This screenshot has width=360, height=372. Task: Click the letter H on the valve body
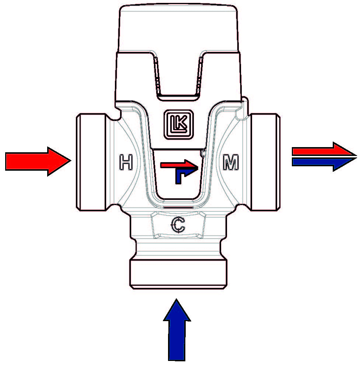126,162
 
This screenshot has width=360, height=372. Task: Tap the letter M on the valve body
231,162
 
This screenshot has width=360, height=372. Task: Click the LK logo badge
179,124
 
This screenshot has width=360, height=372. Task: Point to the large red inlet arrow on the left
38,161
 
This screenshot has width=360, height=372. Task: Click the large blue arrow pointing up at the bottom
176,330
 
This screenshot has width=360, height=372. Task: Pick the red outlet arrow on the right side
324,149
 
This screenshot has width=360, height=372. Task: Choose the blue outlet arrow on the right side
324,164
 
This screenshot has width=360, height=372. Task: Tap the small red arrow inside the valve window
179,164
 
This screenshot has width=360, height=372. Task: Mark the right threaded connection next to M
265,162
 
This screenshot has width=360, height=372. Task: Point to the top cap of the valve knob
178,28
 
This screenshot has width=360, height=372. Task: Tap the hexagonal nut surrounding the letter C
178,225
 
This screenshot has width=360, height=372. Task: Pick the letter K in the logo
182,123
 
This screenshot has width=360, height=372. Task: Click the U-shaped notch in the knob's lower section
178,76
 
